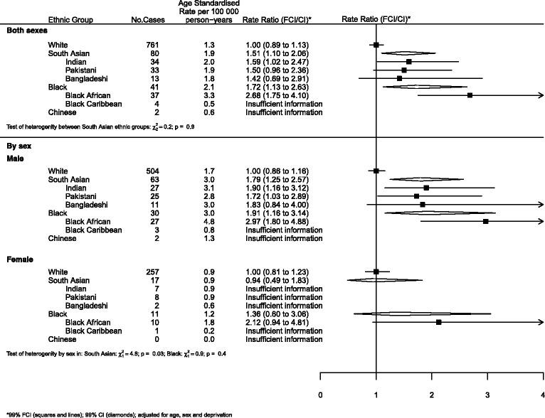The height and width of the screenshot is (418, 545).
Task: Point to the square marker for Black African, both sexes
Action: point(470,95)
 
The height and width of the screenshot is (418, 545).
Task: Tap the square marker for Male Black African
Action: point(486,221)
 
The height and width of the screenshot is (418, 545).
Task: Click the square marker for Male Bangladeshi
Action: point(423,204)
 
